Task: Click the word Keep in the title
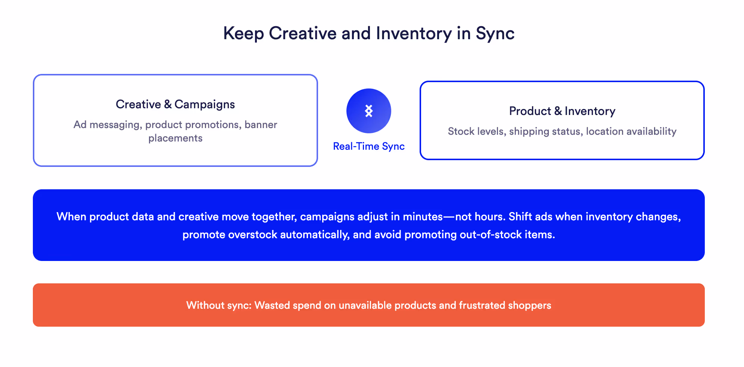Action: [243, 33]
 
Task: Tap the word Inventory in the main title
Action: [414, 33]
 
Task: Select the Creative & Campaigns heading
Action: [175, 104]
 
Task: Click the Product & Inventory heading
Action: [562, 111]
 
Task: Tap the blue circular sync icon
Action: [368, 111]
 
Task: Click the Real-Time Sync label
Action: [368, 146]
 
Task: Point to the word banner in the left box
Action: [261, 124]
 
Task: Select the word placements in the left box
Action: [175, 138]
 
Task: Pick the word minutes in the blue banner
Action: [423, 217]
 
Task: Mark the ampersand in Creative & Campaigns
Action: [168, 104]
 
